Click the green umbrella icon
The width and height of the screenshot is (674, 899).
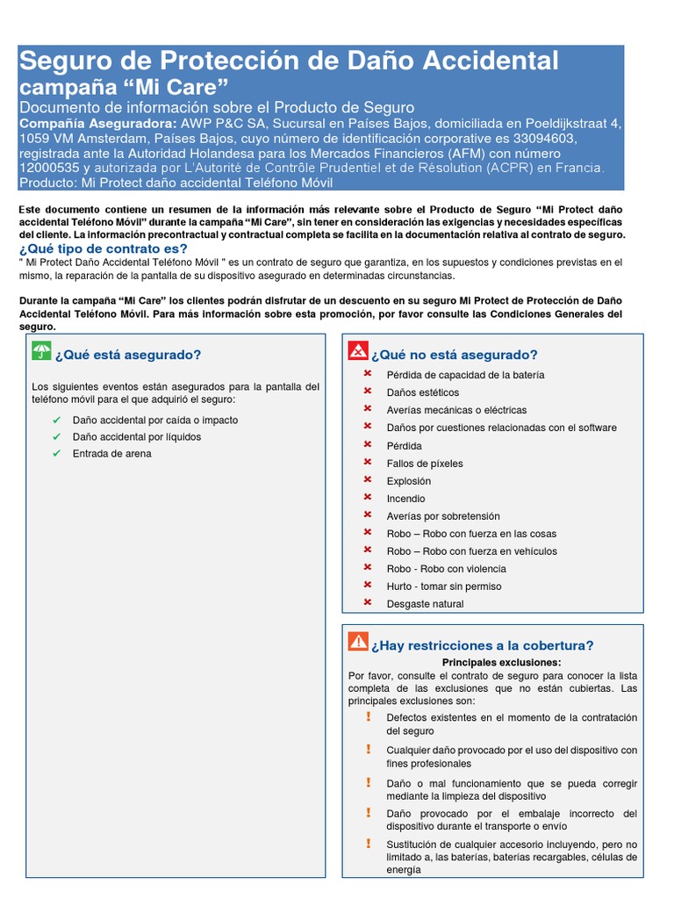(x=41, y=352)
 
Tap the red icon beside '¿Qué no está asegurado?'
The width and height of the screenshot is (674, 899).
(x=358, y=352)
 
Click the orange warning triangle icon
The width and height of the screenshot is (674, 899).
(x=358, y=642)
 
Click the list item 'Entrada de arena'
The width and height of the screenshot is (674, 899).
(x=112, y=454)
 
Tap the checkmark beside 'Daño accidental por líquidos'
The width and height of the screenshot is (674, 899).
(x=56, y=436)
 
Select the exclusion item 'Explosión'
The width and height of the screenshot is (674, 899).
(x=409, y=481)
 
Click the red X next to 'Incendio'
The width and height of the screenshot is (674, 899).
(x=368, y=498)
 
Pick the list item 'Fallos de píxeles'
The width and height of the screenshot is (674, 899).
(x=425, y=464)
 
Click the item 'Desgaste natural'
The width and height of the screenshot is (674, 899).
(x=425, y=604)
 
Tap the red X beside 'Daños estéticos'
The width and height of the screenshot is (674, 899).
(x=368, y=392)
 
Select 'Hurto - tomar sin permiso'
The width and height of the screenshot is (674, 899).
(x=444, y=586)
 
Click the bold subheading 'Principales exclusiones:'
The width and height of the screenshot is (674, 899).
(x=501, y=662)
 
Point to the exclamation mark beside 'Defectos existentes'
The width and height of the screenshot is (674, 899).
(x=369, y=717)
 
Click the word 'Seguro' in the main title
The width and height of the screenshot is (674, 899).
(x=60, y=61)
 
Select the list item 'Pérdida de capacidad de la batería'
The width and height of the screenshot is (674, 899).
(x=465, y=375)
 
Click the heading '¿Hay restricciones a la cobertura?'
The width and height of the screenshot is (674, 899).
(x=482, y=646)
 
